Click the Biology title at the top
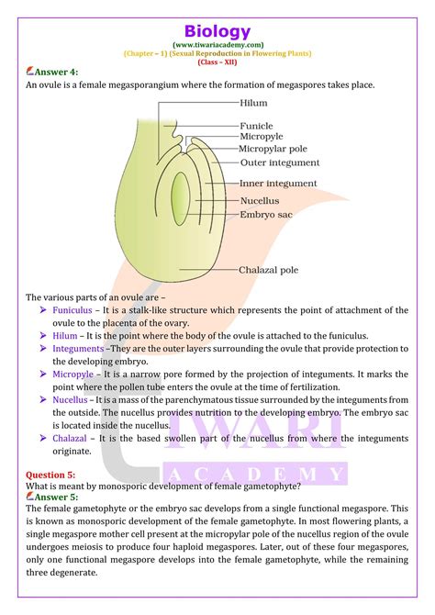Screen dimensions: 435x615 point(217,31)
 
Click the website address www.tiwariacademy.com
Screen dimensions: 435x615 point(217,44)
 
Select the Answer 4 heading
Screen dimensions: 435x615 point(53,71)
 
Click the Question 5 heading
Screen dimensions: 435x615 point(50,475)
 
